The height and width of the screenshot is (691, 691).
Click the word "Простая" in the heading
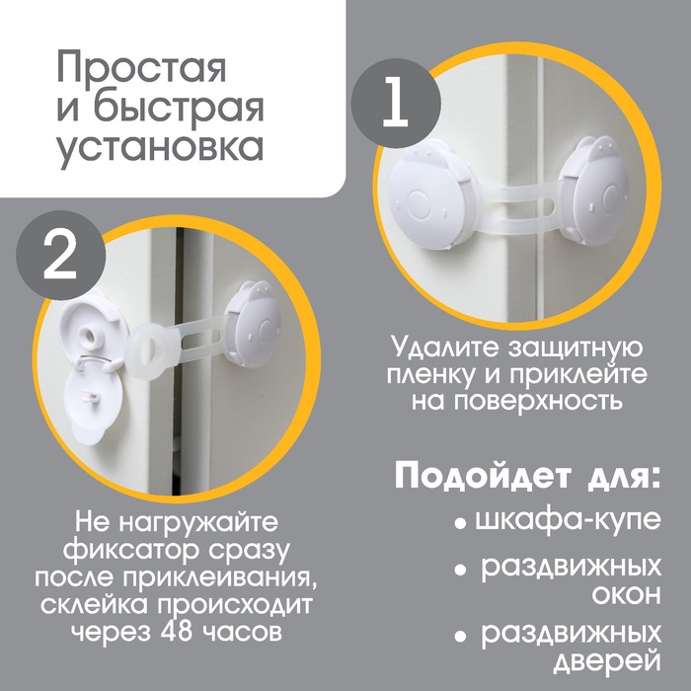141,68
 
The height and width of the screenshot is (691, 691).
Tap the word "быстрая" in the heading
179,107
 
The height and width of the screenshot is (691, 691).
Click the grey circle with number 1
396,103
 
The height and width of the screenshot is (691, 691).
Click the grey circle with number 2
61,255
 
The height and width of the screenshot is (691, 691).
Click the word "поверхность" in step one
516,400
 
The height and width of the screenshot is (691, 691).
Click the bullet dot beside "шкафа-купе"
461,524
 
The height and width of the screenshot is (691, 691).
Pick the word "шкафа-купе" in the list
569,520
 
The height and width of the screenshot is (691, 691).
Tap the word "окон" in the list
626,595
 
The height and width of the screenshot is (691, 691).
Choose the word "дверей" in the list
608,661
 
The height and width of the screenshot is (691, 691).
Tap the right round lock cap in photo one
602,192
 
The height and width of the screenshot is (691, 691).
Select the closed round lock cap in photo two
254,325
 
